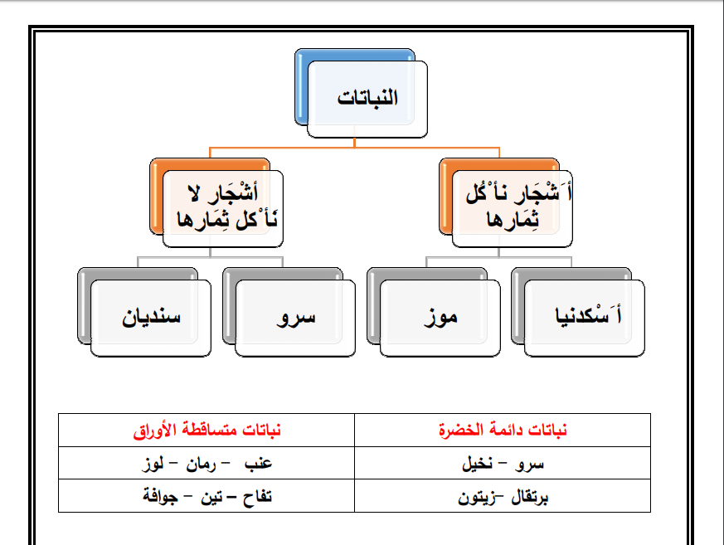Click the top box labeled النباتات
click(367, 99)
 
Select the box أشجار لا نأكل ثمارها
click(222, 209)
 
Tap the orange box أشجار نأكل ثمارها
click(512, 209)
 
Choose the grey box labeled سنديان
click(151, 319)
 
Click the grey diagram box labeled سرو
click(295, 319)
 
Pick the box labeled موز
click(440, 319)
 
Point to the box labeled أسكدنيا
click(584, 319)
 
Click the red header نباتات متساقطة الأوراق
click(207, 430)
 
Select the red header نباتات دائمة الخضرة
click(503, 430)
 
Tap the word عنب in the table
click(258, 463)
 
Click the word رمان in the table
click(201, 464)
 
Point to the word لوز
click(153, 463)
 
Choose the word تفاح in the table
click(257, 497)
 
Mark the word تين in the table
click(211, 497)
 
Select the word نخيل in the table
click(478, 463)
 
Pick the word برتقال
click(530, 497)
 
